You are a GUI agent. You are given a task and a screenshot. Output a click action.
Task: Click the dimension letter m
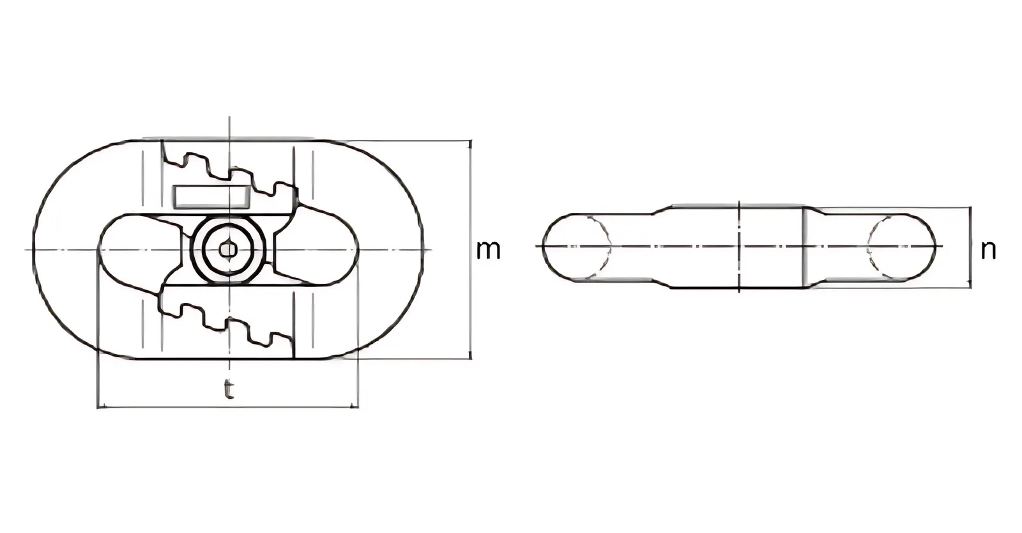pos(488,251)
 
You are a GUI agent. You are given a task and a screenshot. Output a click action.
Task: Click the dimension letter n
pos(988,251)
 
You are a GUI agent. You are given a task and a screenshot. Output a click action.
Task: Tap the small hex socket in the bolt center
pos(227,250)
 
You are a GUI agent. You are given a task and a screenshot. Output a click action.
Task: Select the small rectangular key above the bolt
pos(212,197)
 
